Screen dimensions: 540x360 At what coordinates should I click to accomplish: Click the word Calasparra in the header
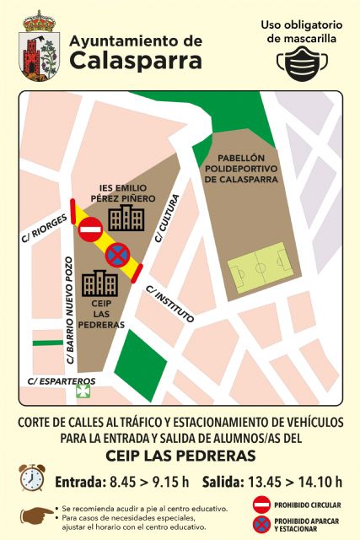(136, 61)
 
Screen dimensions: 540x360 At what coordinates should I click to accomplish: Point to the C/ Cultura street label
(167, 221)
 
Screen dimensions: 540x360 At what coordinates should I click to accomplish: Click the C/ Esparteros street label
(62, 381)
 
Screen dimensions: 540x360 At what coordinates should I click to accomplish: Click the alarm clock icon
(31, 478)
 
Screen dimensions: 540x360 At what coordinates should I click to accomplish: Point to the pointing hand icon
(36, 514)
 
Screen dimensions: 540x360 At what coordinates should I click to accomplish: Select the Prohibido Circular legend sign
(261, 505)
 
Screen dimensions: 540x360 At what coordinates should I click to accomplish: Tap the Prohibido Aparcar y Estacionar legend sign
(261, 524)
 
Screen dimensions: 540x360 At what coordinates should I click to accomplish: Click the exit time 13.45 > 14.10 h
(272, 483)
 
